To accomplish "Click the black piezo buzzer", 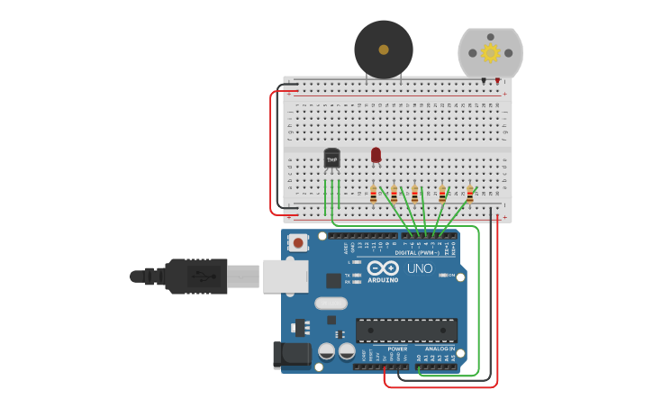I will pos(384,50).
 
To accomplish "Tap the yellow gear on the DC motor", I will pos(490,52).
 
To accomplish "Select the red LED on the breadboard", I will pos(376,155).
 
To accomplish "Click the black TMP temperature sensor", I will pos(331,159).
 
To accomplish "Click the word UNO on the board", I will pos(420,268).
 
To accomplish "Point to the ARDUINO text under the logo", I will pos(383,280).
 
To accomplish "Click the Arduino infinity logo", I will pos(383,267).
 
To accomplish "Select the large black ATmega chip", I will pos(406,330).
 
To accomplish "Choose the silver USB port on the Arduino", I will pos(286,276).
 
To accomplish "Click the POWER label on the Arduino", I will pos(397,349).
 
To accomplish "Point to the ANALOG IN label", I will pos(440,349).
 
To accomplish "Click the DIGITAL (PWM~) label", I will pos(417,253).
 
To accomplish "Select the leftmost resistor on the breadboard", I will pos(373,195).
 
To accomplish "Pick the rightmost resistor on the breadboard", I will pos(469,194).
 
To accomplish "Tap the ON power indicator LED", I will pos(442,275).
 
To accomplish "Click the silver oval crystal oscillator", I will pos(331,304).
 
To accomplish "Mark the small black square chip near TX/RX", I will pos(333,280).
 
